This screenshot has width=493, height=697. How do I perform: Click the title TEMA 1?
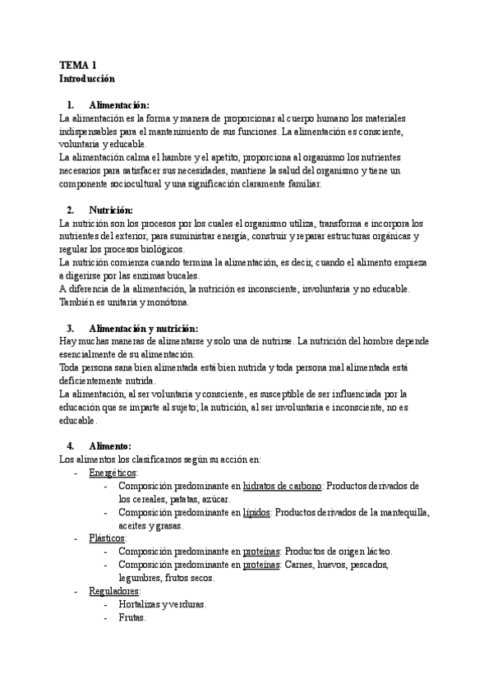77,65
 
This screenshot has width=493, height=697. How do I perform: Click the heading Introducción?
87,79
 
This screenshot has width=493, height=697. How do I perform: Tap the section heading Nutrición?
110,210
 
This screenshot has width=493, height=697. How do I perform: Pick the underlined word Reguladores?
114,590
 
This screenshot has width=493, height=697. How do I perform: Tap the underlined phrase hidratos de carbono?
282,486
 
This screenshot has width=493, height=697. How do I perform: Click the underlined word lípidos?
256,512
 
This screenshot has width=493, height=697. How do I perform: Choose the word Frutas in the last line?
131,617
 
